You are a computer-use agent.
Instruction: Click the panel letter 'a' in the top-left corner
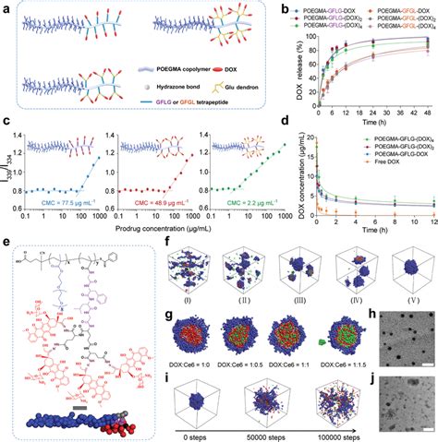(6, 7)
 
